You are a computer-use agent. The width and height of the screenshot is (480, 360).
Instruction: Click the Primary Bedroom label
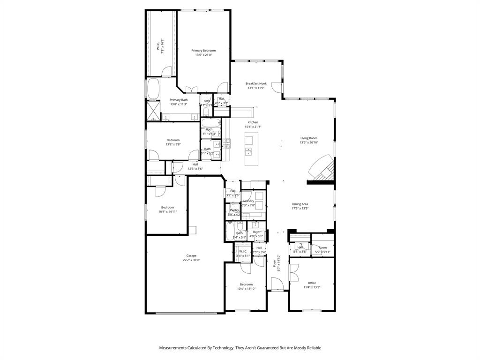click(x=203, y=51)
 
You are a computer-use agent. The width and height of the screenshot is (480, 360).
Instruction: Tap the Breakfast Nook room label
click(x=256, y=83)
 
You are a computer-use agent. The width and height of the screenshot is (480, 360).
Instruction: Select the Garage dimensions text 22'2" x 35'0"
click(x=191, y=260)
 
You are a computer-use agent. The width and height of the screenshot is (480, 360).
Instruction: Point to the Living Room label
click(x=309, y=138)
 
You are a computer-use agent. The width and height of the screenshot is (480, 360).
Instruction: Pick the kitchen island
click(x=251, y=149)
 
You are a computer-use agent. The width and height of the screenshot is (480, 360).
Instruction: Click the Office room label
click(x=312, y=283)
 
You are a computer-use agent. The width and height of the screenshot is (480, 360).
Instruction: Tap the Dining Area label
click(x=300, y=204)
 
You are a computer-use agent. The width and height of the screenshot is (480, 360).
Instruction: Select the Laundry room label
click(x=248, y=201)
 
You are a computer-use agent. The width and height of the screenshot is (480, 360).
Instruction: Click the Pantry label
click(x=234, y=210)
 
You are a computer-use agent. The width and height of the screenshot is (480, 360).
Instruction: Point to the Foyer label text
click(x=275, y=264)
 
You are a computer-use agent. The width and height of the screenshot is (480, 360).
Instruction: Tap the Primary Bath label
click(x=179, y=100)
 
